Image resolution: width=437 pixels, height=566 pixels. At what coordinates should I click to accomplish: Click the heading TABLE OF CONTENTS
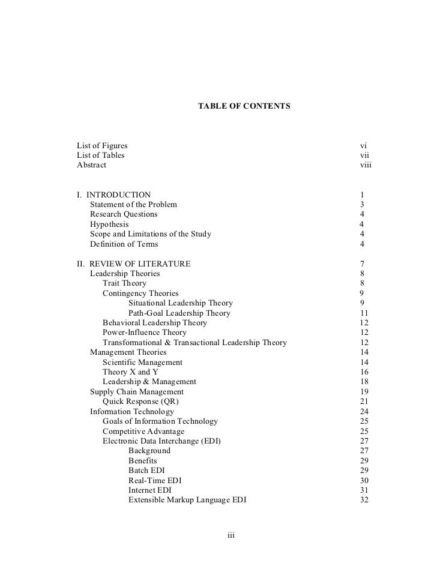244,106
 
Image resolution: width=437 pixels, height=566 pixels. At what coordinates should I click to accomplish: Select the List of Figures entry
102,146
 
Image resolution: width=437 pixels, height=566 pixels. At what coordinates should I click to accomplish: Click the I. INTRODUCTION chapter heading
114,195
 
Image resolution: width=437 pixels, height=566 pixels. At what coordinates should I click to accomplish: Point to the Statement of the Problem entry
133,205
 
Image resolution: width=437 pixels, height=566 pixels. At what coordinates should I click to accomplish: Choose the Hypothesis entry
109,224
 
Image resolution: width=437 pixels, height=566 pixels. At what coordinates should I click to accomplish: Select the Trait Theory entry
124,283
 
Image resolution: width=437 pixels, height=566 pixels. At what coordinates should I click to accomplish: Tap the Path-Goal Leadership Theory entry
179,313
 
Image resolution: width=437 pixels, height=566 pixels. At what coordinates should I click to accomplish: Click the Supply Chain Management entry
137,392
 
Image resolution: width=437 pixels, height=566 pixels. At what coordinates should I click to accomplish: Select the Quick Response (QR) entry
141,402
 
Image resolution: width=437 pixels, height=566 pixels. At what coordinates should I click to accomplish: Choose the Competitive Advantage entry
143,432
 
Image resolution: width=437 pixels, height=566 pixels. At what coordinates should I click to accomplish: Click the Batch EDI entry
146,471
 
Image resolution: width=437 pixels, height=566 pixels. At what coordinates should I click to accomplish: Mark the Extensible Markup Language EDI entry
187,500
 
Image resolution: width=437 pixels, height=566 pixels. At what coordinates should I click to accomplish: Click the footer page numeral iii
231,536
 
